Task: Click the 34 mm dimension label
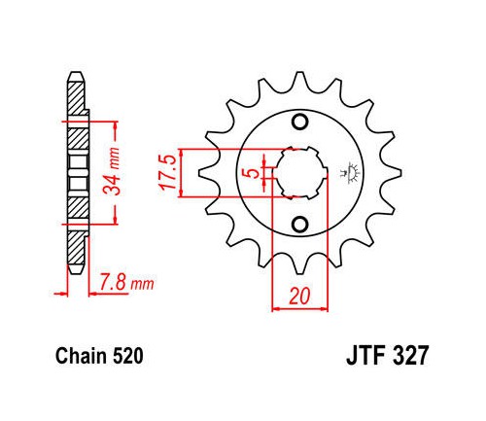(x=111, y=171)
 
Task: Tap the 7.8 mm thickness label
(x=126, y=283)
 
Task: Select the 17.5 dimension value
(x=167, y=172)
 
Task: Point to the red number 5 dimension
(x=254, y=173)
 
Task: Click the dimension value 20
(x=299, y=296)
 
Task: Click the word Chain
(x=81, y=356)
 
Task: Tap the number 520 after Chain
(x=126, y=356)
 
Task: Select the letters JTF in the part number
(x=365, y=356)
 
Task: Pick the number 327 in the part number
(x=410, y=356)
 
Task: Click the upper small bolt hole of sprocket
(x=299, y=122)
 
